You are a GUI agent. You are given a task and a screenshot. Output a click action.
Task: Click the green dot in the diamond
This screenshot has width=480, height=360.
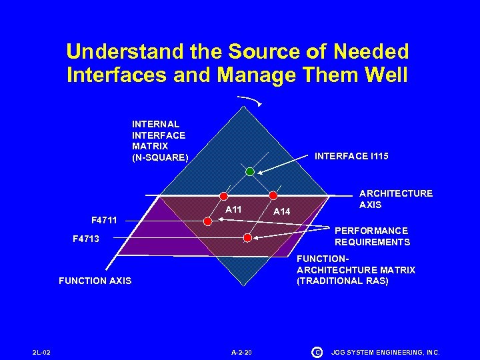[x=249, y=171]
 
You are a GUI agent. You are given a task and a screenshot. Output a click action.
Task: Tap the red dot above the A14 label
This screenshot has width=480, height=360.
[x=273, y=196]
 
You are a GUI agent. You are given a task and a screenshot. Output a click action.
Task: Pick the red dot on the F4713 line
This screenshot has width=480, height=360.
[x=247, y=237]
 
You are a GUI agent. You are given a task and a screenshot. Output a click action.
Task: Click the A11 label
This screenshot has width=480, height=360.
[x=233, y=210]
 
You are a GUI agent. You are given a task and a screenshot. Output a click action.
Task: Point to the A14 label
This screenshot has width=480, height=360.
[x=283, y=211]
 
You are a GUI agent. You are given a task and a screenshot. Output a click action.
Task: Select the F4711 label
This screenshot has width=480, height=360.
[x=104, y=219]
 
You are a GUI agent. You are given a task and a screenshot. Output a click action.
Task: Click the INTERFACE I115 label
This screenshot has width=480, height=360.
[x=351, y=156]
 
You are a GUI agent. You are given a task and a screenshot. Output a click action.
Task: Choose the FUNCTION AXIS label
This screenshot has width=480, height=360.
[x=95, y=281]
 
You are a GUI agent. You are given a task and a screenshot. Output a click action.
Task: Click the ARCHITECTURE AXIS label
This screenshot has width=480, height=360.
[x=395, y=199]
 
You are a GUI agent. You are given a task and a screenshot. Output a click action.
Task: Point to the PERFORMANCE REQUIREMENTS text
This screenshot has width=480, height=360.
[x=372, y=236]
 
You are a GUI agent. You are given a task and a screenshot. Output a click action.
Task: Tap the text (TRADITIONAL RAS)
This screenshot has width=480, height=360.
[x=342, y=281]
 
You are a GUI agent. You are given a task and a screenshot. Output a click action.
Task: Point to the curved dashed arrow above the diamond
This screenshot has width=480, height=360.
[x=251, y=100]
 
